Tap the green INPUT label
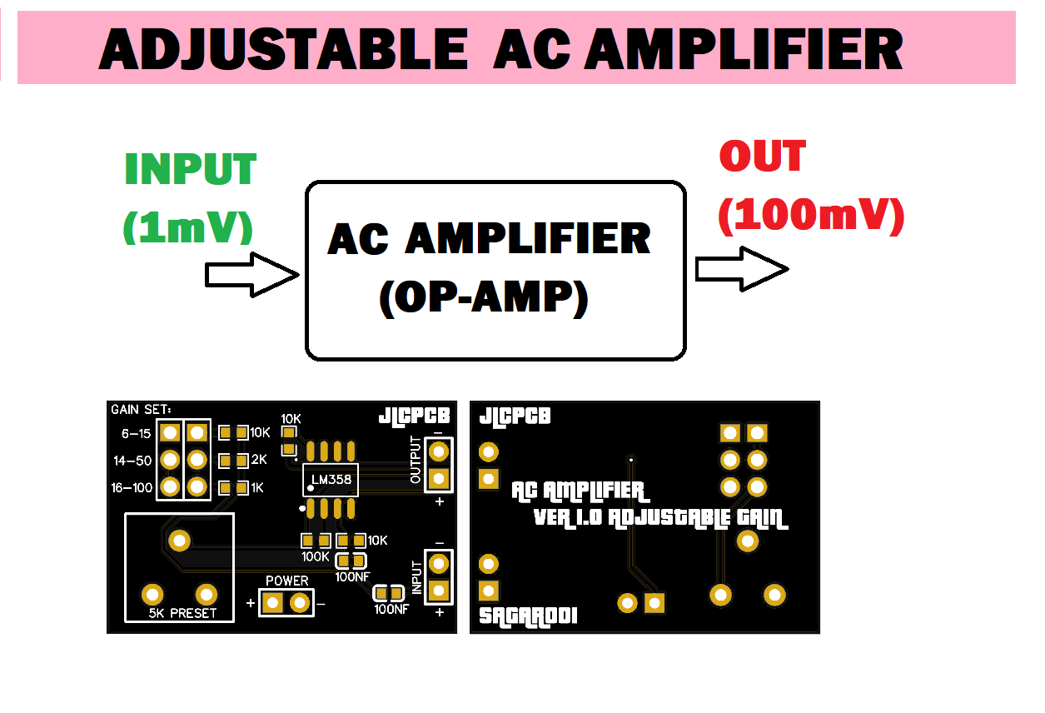[x=191, y=170]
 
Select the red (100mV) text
[x=810, y=216]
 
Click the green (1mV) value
[x=187, y=227]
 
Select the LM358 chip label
[x=331, y=480]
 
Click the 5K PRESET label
[x=182, y=613]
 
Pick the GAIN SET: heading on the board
[x=141, y=409]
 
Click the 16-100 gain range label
[x=132, y=488]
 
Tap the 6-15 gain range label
[x=137, y=433]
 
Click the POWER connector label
[x=286, y=581]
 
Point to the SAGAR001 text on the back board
[x=528, y=616]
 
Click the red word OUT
[x=762, y=157]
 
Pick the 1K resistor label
[x=256, y=488]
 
